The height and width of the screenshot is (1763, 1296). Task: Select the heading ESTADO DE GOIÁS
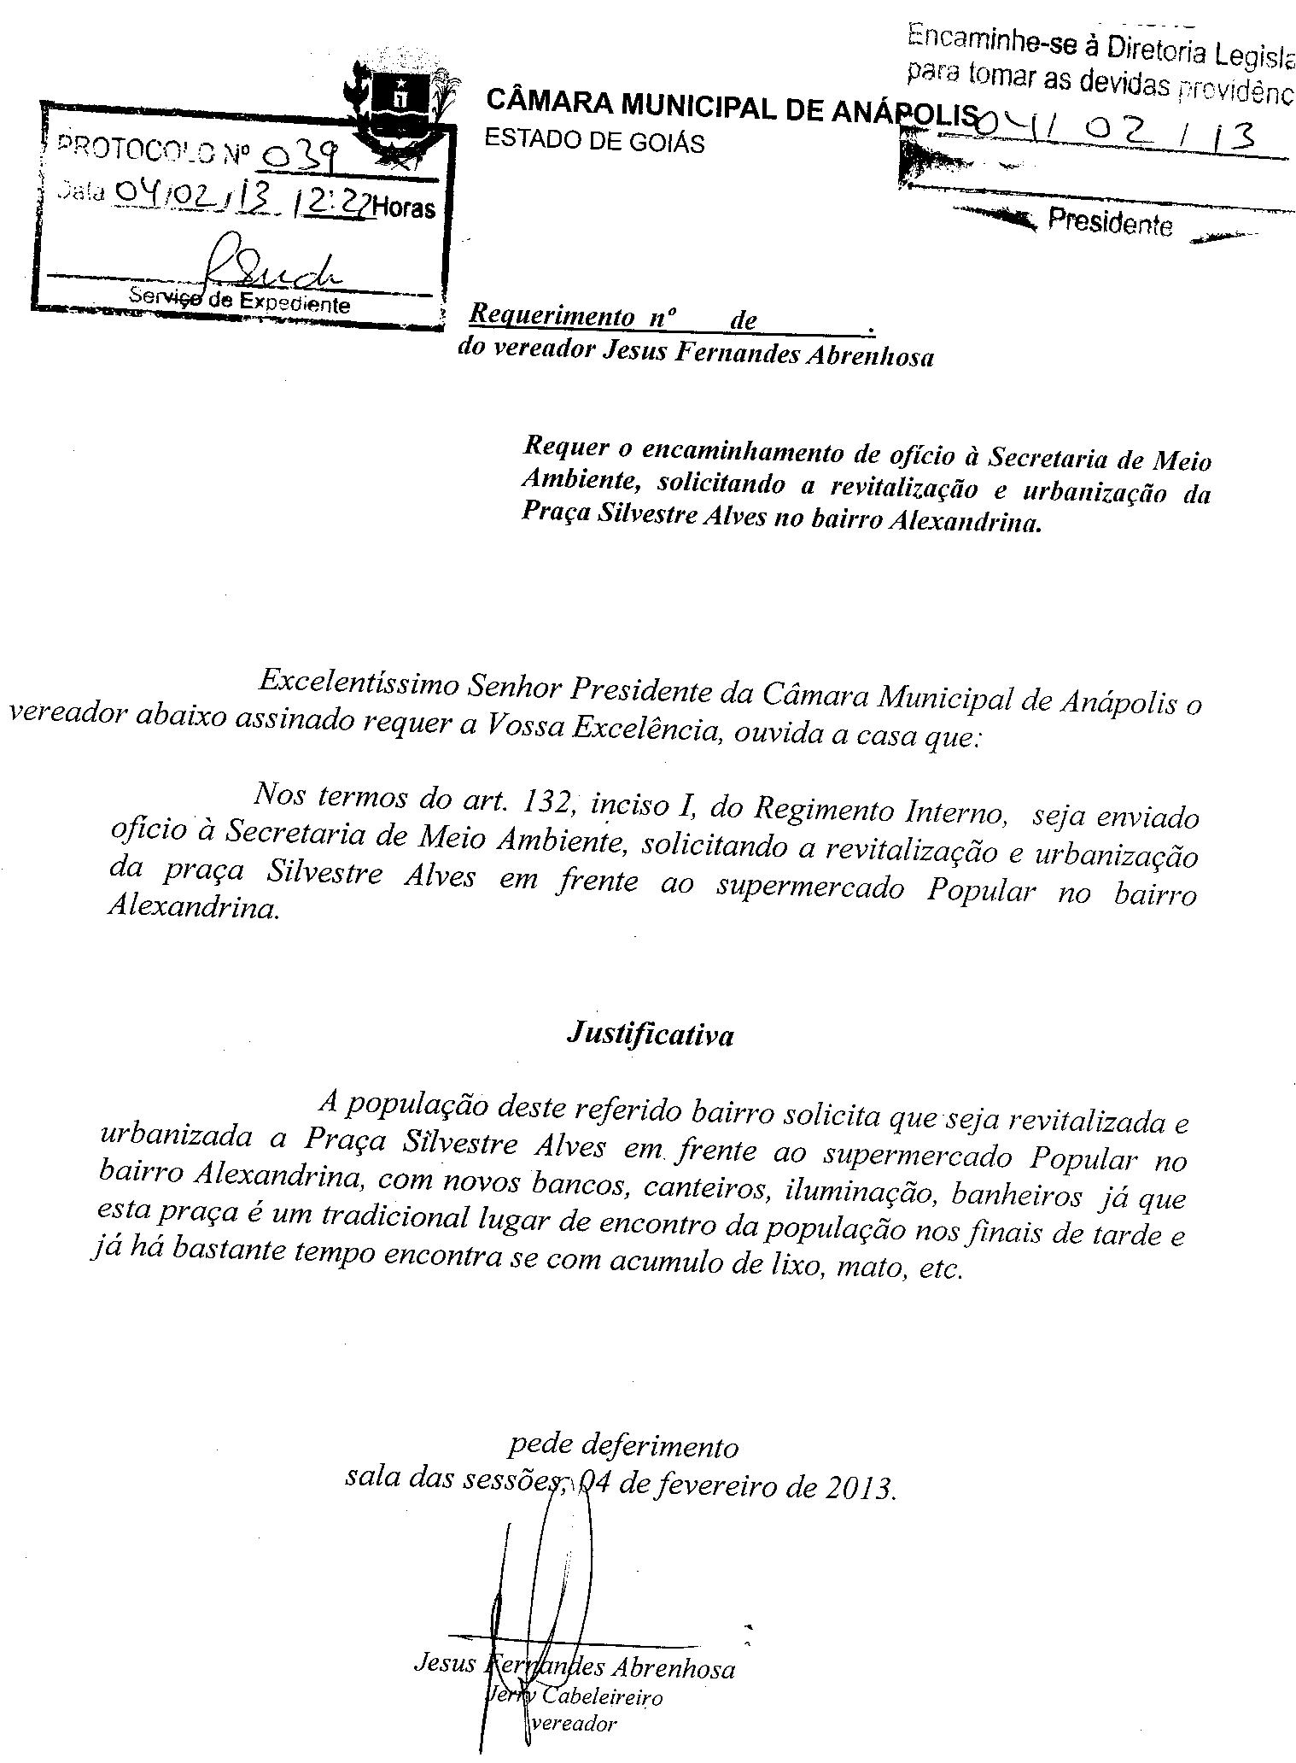click(x=594, y=141)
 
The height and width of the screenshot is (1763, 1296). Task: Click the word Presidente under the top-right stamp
click(x=1110, y=223)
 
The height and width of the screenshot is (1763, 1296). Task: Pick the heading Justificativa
click(x=650, y=1034)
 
